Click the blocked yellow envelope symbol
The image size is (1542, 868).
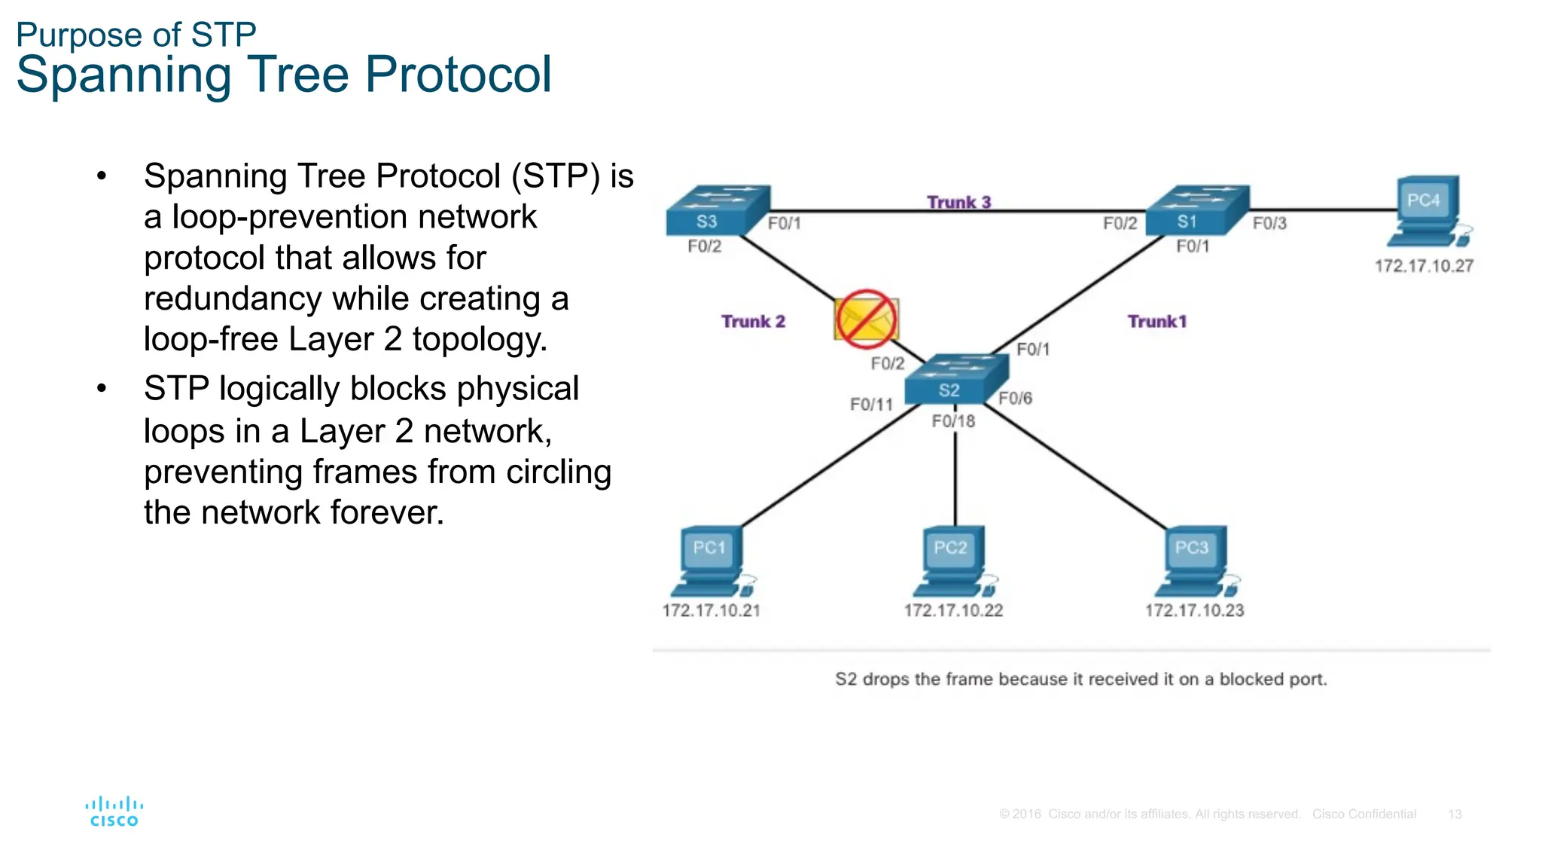tap(866, 319)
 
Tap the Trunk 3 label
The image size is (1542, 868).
tap(958, 202)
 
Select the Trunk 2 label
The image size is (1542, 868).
tap(753, 322)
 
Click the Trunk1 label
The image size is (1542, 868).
tap(1156, 322)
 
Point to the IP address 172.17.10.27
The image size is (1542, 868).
tap(1423, 266)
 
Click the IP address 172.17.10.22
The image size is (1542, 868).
tap(953, 610)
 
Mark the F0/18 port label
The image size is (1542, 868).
tap(953, 421)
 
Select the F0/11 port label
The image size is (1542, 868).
tap(871, 405)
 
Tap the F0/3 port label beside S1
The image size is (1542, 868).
tap(1269, 224)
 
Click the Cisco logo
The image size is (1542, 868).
tap(114, 811)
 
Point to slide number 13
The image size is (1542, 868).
tap(1454, 815)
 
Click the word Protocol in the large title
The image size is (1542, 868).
tap(459, 75)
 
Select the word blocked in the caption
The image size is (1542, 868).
tap(1251, 679)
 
